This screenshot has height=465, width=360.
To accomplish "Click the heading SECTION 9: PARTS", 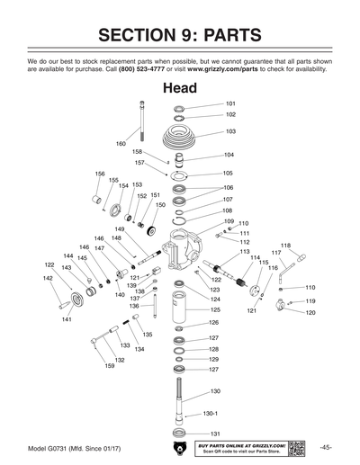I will (179, 35).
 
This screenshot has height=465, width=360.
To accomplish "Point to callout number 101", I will (230, 104).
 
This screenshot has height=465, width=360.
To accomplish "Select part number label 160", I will (121, 144).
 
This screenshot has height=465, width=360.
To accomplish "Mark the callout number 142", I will (48, 278).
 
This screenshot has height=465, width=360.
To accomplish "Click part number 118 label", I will (285, 245).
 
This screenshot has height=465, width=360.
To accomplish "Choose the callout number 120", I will (310, 312).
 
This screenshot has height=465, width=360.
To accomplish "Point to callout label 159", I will (109, 366).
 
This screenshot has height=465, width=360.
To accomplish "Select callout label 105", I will (228, 173).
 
